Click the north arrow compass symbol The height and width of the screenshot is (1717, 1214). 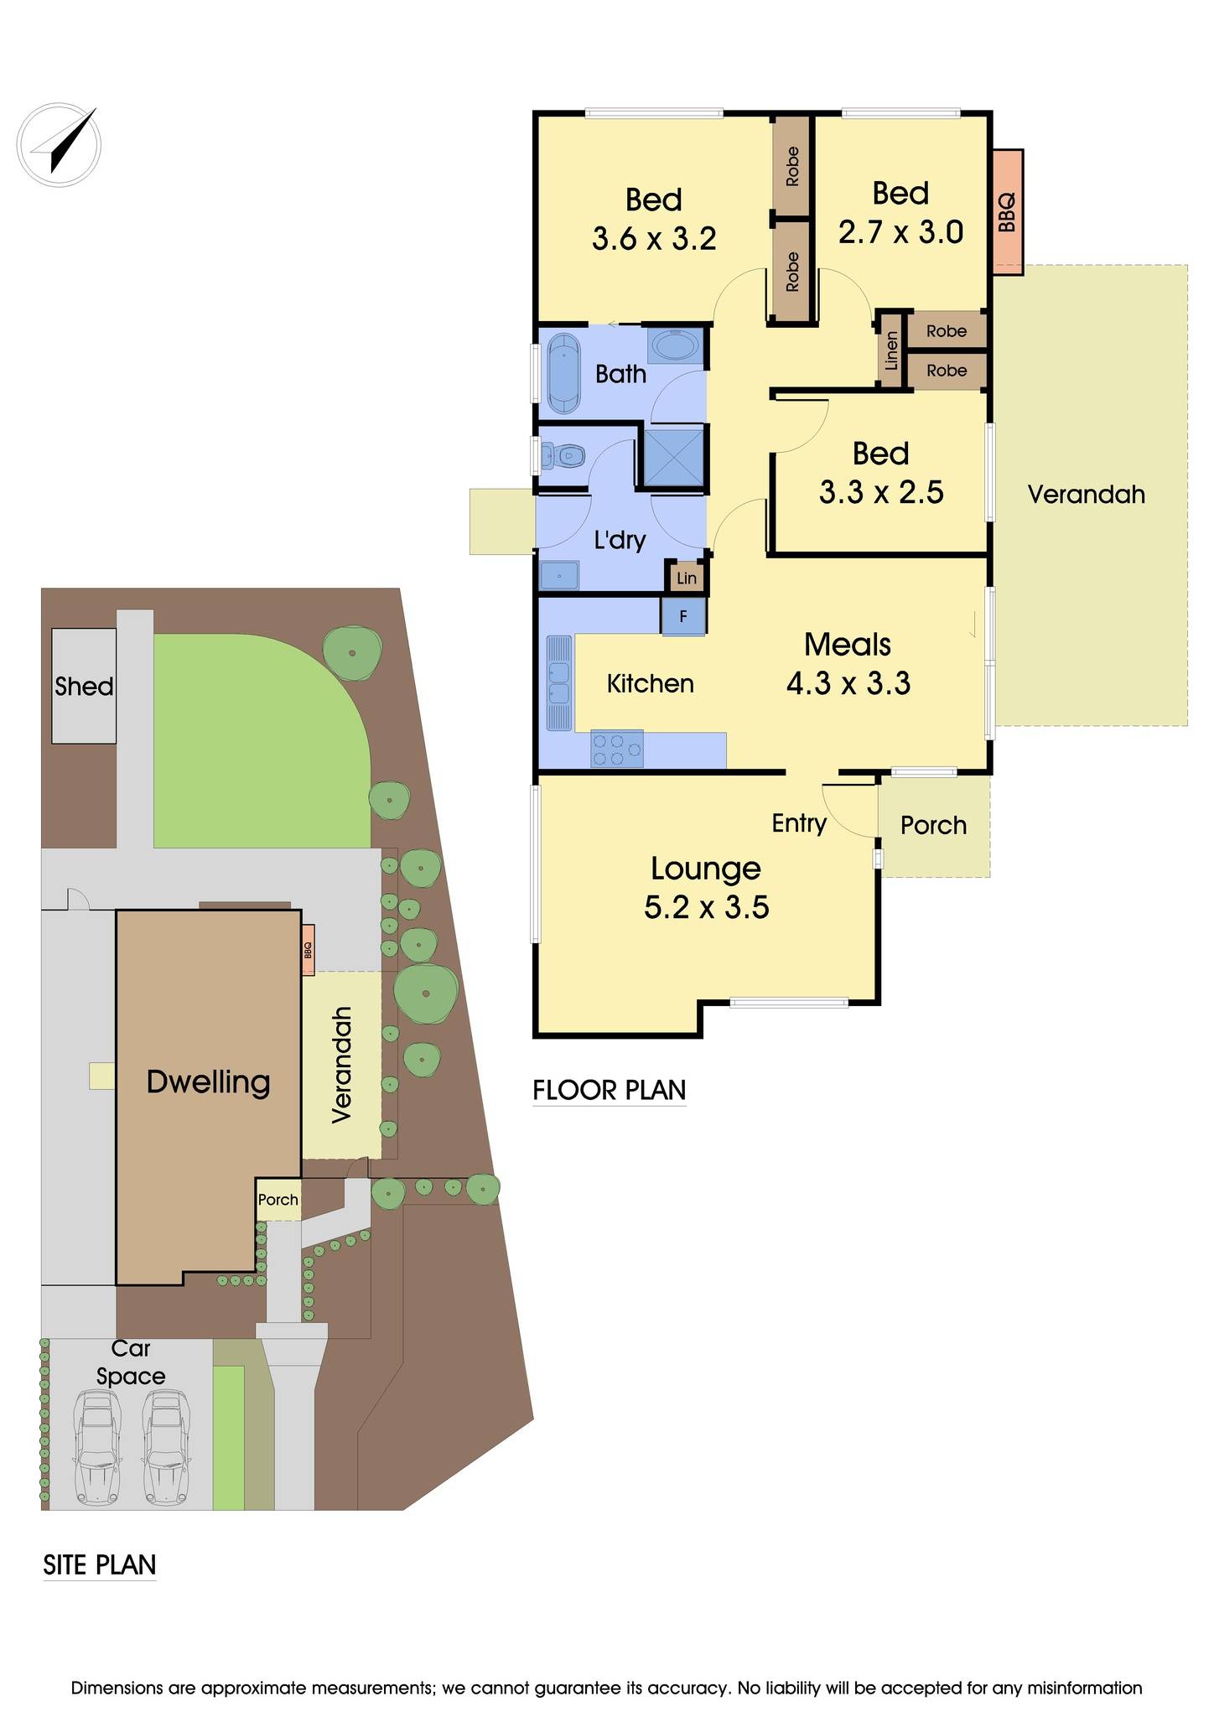(x=59, y=143)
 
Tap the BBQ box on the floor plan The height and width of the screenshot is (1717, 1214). (x=1008, y=211)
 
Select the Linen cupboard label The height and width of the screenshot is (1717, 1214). (x=890, y=350)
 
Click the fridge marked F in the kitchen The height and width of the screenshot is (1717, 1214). (x=683, y=616)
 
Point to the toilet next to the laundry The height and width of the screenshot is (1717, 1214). (x=563, y=457)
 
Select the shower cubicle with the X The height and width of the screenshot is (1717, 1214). (x=672, y=458)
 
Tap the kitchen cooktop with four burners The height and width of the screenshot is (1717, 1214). (x=617, y=749)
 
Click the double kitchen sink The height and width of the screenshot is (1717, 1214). (x=558, y=682)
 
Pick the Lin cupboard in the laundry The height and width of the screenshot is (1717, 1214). (x=687, y=578)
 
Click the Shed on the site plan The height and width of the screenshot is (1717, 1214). (x=84, y=686)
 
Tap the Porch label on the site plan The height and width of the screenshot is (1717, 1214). (x=278, y=1200)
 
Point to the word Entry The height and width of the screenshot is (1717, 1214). (x=799, y=823)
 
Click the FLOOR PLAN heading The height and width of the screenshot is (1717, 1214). (x=610, y=1090)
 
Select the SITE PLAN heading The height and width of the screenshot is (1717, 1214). (x=100, y=1565)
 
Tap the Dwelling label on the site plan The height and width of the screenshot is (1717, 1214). (x=208, y=1082)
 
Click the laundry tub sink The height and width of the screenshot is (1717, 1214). (x=559, y=576)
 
